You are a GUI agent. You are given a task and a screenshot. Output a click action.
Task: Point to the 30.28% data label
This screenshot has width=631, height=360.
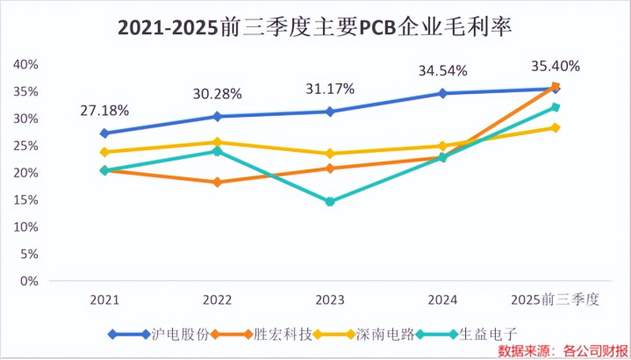click(x=217, y=94)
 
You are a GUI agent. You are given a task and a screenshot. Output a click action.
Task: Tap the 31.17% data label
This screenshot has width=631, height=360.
click(x=330, y=89)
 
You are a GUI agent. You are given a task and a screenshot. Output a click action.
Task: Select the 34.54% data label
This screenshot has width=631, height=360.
click(x=442, y=70)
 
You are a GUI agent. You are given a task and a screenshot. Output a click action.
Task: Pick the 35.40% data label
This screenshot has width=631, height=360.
click(x=556, y=65)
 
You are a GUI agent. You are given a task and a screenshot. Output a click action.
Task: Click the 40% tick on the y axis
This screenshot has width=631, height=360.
click(x=25, y=64)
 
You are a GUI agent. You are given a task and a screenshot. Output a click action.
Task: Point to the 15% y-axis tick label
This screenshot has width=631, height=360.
click(x=25, y=199)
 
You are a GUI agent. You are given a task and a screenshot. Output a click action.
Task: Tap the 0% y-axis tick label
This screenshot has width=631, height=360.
click(x=29, y=281)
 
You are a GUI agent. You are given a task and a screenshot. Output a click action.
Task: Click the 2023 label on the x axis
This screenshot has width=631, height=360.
click(x=330, y=299)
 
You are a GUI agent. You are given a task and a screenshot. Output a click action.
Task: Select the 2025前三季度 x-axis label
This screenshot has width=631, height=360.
click(x=556, y=299)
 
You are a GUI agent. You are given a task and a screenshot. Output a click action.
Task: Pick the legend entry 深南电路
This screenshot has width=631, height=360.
click(x=392, y=334)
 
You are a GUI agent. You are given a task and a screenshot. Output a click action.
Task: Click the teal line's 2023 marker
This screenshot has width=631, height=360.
click(x=330, y=202)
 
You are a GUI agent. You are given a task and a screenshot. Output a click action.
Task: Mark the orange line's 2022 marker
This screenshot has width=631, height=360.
click(x=217, y=183)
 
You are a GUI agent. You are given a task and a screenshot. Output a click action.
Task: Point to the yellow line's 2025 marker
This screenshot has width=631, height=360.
click(x=556, y=128)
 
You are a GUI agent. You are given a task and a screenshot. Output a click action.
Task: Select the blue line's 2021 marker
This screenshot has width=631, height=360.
click(x=104, y=133)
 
